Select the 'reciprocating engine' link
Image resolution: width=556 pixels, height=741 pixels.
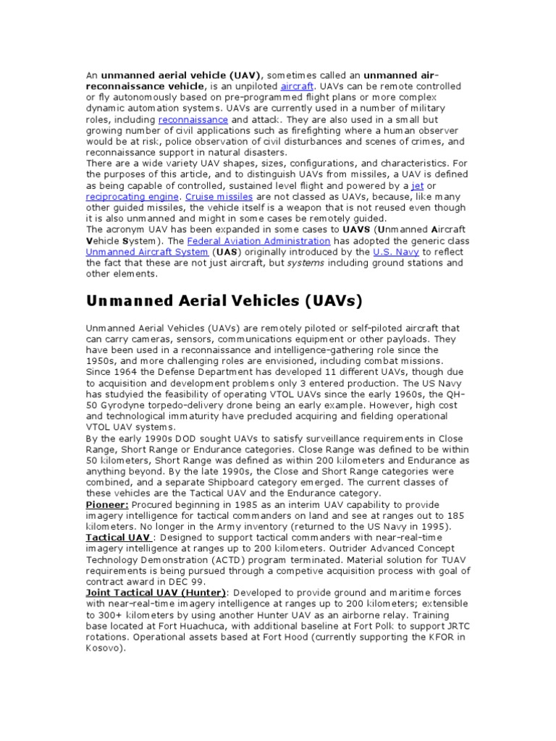point(132,197)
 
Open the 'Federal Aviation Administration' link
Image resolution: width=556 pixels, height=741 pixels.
point(258,240)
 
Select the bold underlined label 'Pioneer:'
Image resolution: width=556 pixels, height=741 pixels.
point(107,504)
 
